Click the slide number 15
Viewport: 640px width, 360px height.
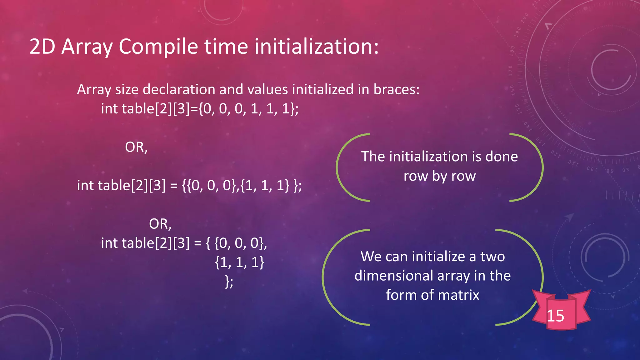coord(555,316)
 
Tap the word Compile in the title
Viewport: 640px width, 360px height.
coord(158,47)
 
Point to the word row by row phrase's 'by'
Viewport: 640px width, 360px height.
coord(439,176)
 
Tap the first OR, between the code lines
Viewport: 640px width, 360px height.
coord(136,147)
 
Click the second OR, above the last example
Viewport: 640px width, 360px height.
coord(160,224)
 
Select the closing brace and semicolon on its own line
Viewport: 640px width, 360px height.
coord(229,282)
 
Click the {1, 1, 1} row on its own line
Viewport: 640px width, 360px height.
coord(240,262)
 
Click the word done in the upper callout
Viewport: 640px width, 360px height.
coord(501,157)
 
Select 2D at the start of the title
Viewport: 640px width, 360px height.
coord(42,47)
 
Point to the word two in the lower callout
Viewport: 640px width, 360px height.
coord(492,257)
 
